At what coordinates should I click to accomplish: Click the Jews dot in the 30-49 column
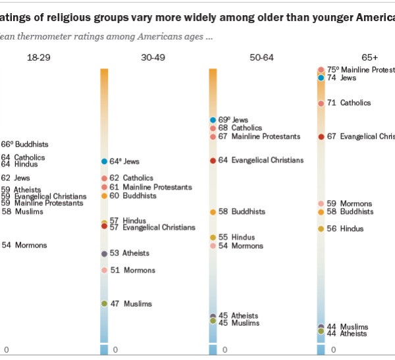(x=104, y=161)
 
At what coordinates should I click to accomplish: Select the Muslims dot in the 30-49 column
(x=104, y=303)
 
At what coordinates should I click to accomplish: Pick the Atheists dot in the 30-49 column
(x=104, y=253)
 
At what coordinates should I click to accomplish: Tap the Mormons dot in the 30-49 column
(x=104, y=270)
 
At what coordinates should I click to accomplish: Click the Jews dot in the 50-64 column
(x=213, y=120)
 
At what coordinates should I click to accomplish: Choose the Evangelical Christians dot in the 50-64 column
(x=213, y=161)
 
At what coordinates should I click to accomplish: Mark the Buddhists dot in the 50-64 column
(x=213, y=212)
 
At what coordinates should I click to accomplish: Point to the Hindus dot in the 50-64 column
(x=213, y=237)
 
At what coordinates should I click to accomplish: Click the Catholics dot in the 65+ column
(x=321, y=103)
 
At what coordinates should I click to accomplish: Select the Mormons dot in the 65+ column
(x=321, y=204)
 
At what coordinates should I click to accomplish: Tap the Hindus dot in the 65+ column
(x=321, y=229)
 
